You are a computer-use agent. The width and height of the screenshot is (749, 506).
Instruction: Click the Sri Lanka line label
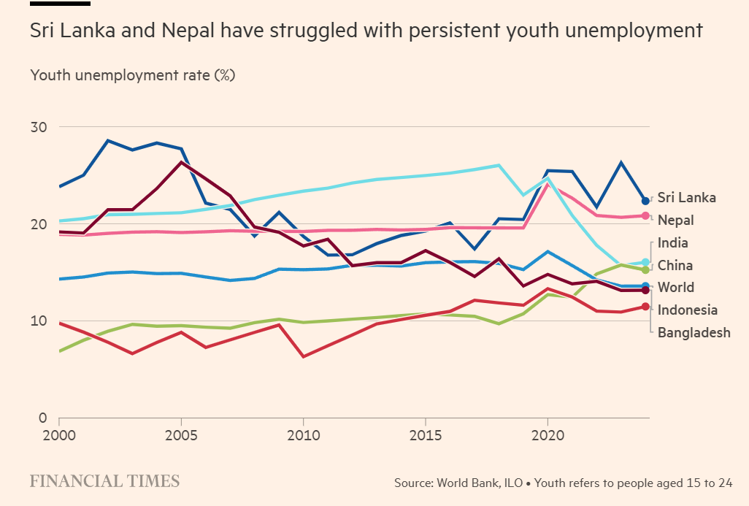click(x=686, y=197)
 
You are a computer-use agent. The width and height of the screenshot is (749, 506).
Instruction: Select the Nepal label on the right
click(x=675, y=220)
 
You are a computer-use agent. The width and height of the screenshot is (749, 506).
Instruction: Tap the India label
click(x=672, y=242)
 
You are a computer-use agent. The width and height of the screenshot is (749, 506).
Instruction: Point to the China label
click(x=675, y=265)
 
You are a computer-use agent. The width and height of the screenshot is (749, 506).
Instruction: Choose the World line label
click(x=675, y=288)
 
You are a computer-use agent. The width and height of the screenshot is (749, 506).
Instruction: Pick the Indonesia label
click(x=687, y=310)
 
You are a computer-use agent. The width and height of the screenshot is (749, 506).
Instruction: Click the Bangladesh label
click(x=694, y=333)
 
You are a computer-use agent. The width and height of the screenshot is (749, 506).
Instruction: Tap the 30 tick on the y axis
click(x=38, y=127)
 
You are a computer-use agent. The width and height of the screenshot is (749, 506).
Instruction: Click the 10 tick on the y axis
click(x=38, y=321)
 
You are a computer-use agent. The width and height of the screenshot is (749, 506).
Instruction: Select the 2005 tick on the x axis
click(x=180, y=435)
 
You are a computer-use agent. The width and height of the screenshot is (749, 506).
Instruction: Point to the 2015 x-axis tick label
click(x=425, y=435)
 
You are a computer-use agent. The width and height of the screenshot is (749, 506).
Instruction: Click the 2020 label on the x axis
click(x=547, y=435)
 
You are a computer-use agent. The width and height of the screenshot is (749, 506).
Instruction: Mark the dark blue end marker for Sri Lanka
click(x=645, y=201)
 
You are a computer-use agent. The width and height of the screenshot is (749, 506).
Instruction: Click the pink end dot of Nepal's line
click(x=645, y=215)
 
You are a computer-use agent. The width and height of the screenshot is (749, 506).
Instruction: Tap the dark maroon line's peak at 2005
click(x=181, y=162)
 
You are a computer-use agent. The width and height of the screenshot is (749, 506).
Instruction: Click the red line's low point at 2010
click(x=303, y=356)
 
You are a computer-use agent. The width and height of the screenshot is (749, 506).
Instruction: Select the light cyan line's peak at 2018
click(x=499, y=165)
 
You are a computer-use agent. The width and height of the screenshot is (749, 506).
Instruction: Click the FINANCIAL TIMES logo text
click(x=104, y=481)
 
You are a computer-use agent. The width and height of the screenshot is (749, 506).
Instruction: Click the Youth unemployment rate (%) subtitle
click(x=132, y=75)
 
